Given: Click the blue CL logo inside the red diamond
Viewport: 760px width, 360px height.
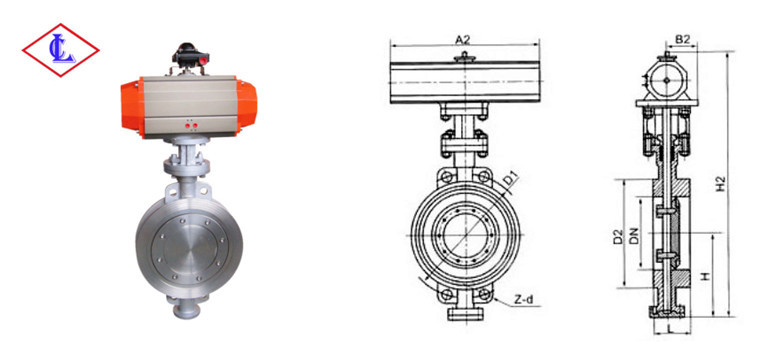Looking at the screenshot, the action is (63, 50).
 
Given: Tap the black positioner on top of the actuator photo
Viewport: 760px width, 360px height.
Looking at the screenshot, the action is (190, 55).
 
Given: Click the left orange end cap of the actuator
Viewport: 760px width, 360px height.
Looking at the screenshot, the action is (132, 108).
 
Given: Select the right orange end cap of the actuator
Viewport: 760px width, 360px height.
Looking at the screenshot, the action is (246, 107).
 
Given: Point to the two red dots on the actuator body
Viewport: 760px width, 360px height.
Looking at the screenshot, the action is (191, 126).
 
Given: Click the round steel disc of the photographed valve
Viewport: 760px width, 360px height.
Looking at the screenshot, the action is (189, 250).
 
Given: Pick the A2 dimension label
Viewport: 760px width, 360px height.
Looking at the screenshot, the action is (463, 40).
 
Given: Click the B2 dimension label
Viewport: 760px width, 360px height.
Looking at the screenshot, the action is (682, 40).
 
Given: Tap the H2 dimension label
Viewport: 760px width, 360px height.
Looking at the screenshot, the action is (721, 183).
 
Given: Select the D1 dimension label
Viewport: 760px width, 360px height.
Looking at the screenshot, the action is (509, 179).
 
